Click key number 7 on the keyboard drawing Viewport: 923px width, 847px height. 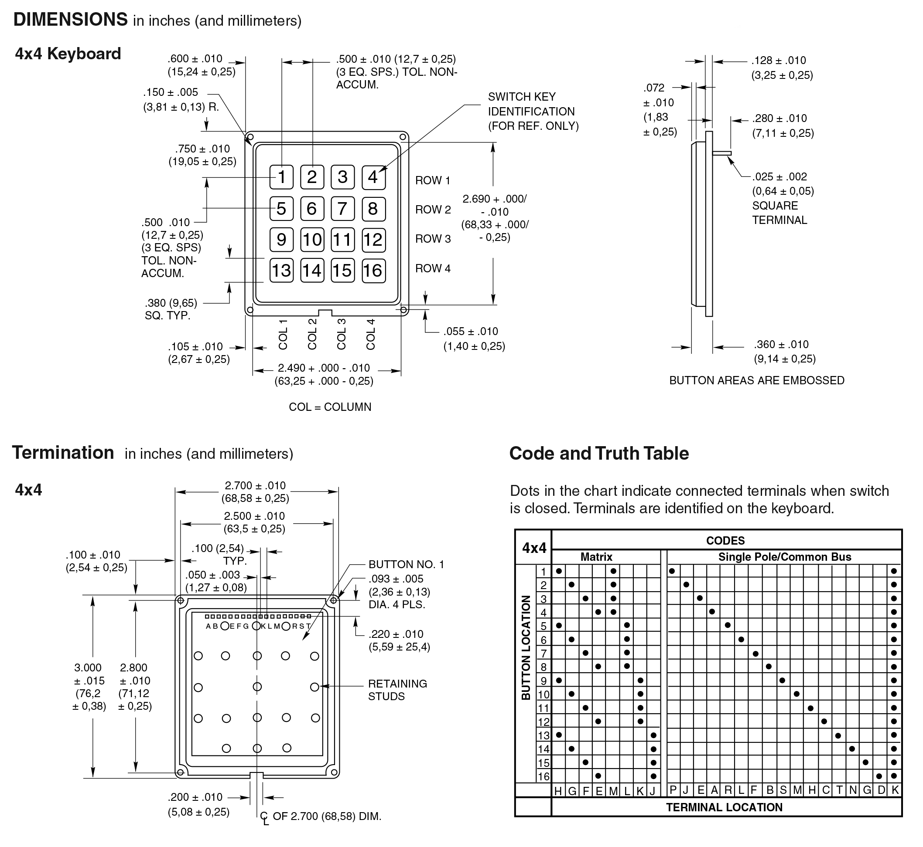pyautogui.click(x=342, y=209)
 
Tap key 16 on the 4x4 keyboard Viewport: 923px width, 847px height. pyautogui.click(x=373, y=271)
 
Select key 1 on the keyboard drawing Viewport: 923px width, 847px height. pyautogui.click(x=281, y=177)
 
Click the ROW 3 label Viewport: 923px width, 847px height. pyautogui.click(x=433, y=239)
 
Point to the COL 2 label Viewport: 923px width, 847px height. pyautogui.click(x=312, y=334)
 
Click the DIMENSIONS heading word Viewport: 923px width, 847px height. pyautogui.click(x=71, y=20)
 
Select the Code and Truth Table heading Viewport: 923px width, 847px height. pyautogui.click(x=598, y=453)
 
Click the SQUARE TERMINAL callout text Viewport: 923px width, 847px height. pyautogui.click(x=779, y=213)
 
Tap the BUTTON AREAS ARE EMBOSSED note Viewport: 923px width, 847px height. pyautogui.click(x=756, y=380)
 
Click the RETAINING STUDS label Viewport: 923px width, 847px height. pyautogui.click(x=397, y=690)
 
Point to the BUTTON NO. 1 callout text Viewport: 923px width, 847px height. pyautogui.click(x=406, y=564)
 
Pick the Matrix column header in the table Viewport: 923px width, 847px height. pyautogui.click(x=596, y=557)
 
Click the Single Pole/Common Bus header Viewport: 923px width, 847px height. pyautogui.click(x=784, y=557)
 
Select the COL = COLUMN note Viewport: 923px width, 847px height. pyautogui.click(x=330, y=407)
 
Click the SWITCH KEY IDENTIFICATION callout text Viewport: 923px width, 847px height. pyautogui.click(x=533, y=112)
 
